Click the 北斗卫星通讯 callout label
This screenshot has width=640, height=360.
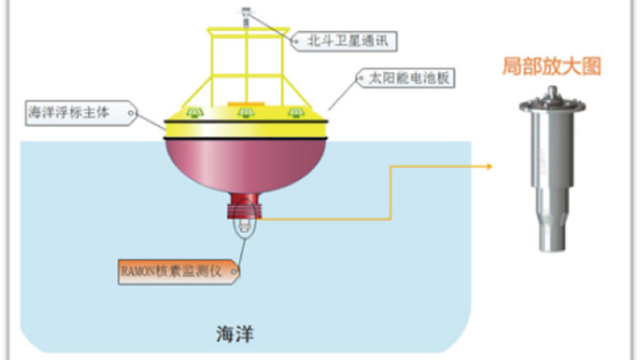344,41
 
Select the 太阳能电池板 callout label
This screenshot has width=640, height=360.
405,78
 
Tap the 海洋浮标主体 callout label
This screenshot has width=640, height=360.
81,113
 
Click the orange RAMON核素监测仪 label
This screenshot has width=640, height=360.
179,271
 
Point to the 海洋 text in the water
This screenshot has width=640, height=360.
235,334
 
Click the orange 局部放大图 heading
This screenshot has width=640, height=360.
551,66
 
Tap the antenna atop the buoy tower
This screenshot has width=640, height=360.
245,16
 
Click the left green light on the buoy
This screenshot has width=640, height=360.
195,112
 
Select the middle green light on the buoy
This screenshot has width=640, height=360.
245,112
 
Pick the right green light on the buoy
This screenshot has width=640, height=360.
296,112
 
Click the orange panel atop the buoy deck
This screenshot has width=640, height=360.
245,104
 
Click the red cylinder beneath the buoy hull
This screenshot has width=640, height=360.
244,205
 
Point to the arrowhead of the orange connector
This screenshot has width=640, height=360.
489,166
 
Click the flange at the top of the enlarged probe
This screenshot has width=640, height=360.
552,105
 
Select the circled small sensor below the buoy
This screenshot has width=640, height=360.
244,225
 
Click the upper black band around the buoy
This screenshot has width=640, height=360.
245,121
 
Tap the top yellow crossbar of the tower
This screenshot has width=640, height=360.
248,30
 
